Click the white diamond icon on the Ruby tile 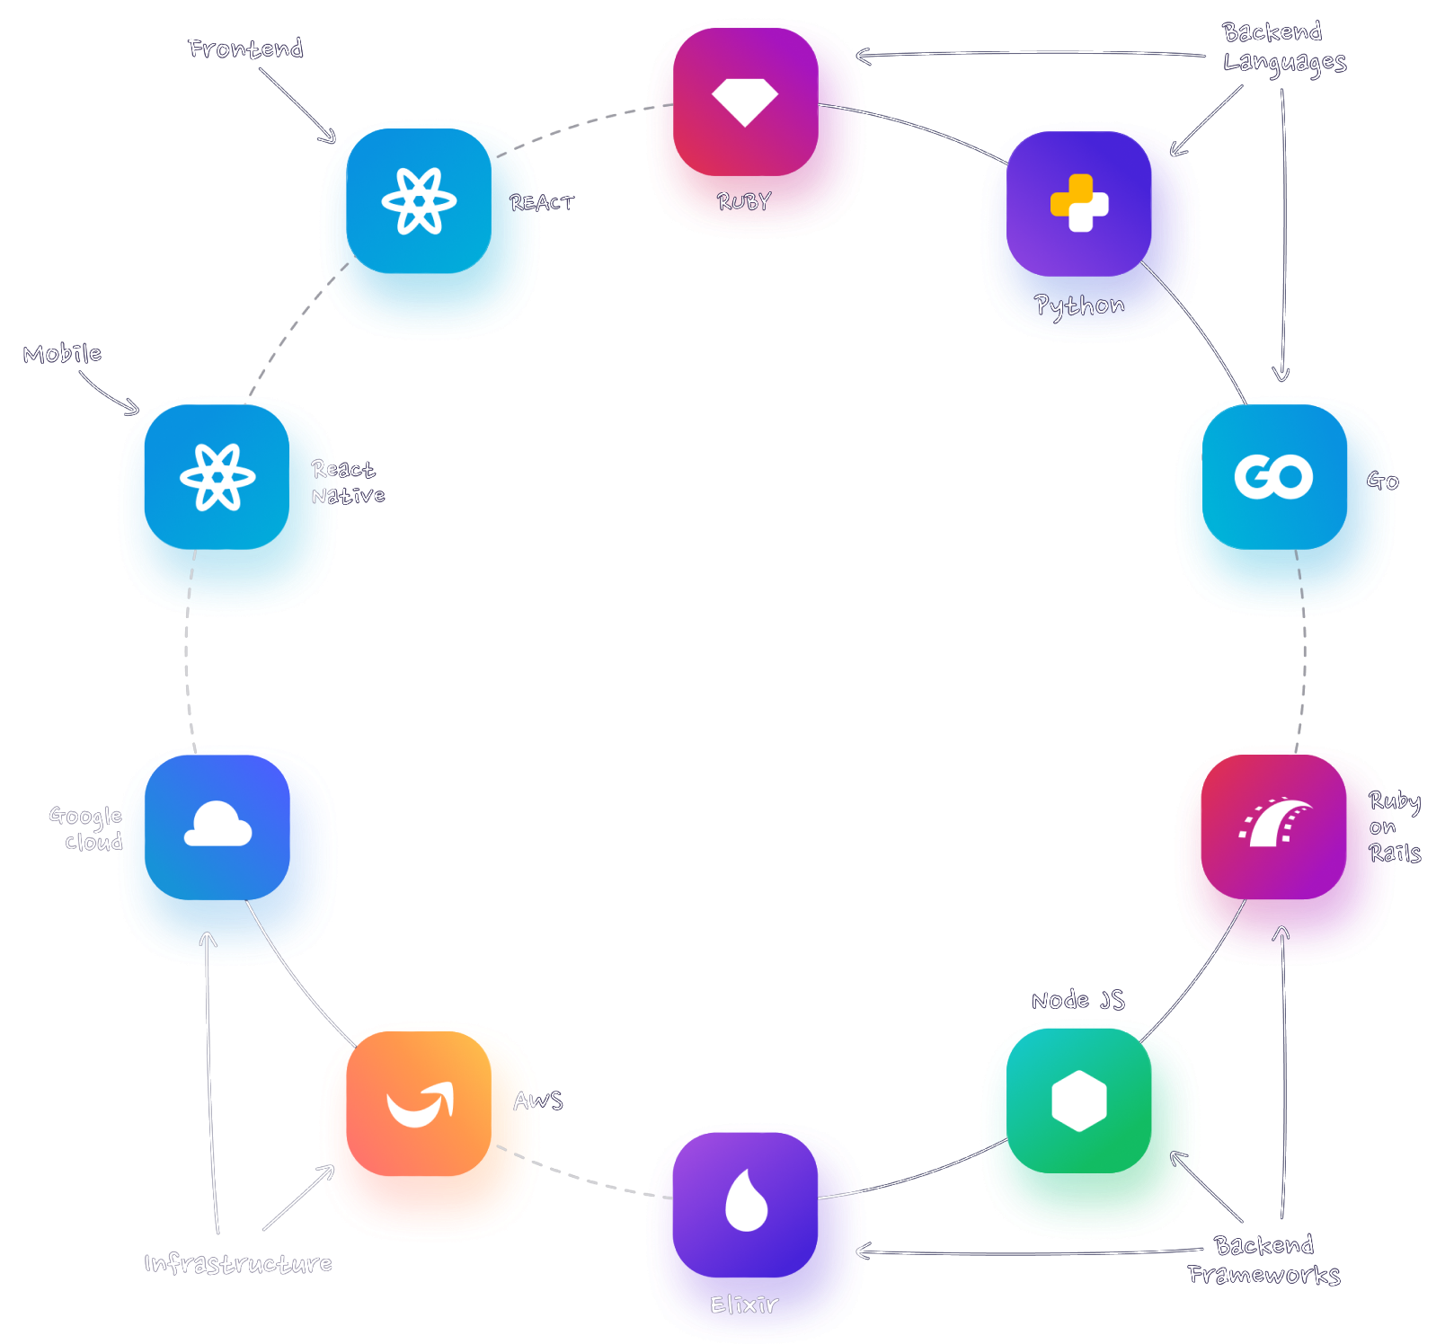[744, 102]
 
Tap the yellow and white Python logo [1079, 203]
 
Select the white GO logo [1273, 476]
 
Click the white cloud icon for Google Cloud [217, 824]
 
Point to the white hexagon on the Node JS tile [1078, 1101]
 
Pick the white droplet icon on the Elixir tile [746, 1200]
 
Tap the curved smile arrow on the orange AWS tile [420, 1105]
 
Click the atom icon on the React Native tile [217, 477]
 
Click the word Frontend [245, 49]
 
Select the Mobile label [62, 354]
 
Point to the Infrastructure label [238, 1264]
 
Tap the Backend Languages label [1284, 47]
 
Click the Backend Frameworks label [1264, 1260]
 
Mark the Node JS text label [1077, 1000]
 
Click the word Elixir [744, 1304]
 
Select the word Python [1079, 306]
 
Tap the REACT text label [542, 203]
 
